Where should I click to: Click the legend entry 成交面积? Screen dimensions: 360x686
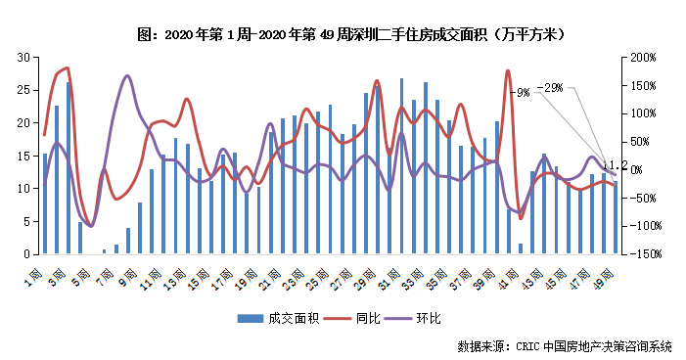[275, 319]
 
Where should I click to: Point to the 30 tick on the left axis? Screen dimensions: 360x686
[23, 58]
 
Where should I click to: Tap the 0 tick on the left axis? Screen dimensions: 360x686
[26, 254]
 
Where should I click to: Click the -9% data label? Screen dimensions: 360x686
[523, 92]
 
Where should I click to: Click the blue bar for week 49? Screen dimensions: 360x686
[616, 217]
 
